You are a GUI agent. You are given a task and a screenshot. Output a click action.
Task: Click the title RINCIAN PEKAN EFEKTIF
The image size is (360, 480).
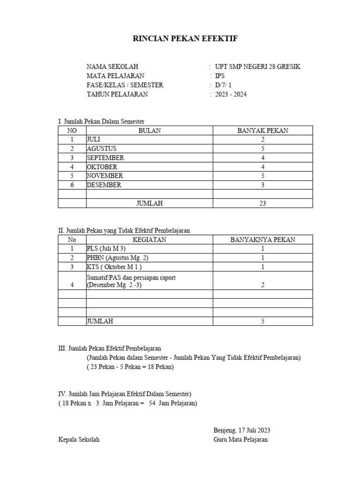[185, 39]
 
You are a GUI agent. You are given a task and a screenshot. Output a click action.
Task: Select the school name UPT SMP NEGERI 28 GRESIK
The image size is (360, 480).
[257, 67]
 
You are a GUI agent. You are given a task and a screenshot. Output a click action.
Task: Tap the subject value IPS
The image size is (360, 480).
[220, 76]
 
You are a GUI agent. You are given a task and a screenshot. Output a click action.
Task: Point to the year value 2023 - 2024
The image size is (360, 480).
[231, 94]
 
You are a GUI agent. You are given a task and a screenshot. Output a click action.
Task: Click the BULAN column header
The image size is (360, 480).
[150, 131]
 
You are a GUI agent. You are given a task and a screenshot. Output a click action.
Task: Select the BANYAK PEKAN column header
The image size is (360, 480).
[262, 131]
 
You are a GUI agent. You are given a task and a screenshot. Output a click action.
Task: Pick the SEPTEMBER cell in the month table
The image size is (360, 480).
[105, 158]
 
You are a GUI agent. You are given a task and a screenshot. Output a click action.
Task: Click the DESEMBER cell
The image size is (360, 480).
[104, 185]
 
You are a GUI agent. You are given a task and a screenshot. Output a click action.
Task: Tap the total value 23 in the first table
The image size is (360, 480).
[263, 203]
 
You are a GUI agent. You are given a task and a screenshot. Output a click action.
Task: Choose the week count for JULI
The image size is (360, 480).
[263, 140]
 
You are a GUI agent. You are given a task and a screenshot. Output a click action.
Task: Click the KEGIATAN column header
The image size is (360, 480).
[150, 240]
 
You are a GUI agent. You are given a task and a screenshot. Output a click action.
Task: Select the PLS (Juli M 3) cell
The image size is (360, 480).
[106, 249]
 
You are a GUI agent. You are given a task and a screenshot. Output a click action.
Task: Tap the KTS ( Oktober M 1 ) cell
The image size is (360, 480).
[115, 267]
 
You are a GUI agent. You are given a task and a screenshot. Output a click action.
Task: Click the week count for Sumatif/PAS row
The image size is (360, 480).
[263, 285]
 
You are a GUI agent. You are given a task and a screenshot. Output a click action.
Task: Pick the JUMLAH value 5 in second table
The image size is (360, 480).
[263, 322]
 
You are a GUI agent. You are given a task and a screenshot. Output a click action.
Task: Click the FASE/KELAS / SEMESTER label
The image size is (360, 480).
[125, 85]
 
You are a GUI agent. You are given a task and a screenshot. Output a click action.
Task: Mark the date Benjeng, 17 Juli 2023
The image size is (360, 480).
[241, 430]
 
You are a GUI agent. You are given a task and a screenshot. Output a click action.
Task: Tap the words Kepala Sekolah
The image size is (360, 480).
[79, 440]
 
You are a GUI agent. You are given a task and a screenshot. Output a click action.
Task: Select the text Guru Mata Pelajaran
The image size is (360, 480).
[240, 440]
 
